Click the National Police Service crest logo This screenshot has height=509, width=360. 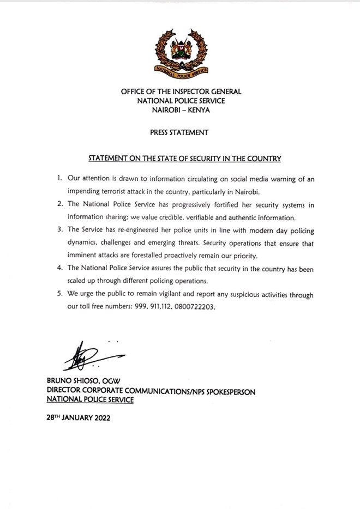180,52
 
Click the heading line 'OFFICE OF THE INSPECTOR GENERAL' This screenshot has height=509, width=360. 181,92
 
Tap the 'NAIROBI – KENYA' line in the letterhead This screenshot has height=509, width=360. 181,110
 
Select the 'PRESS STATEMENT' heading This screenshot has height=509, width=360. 181,132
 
